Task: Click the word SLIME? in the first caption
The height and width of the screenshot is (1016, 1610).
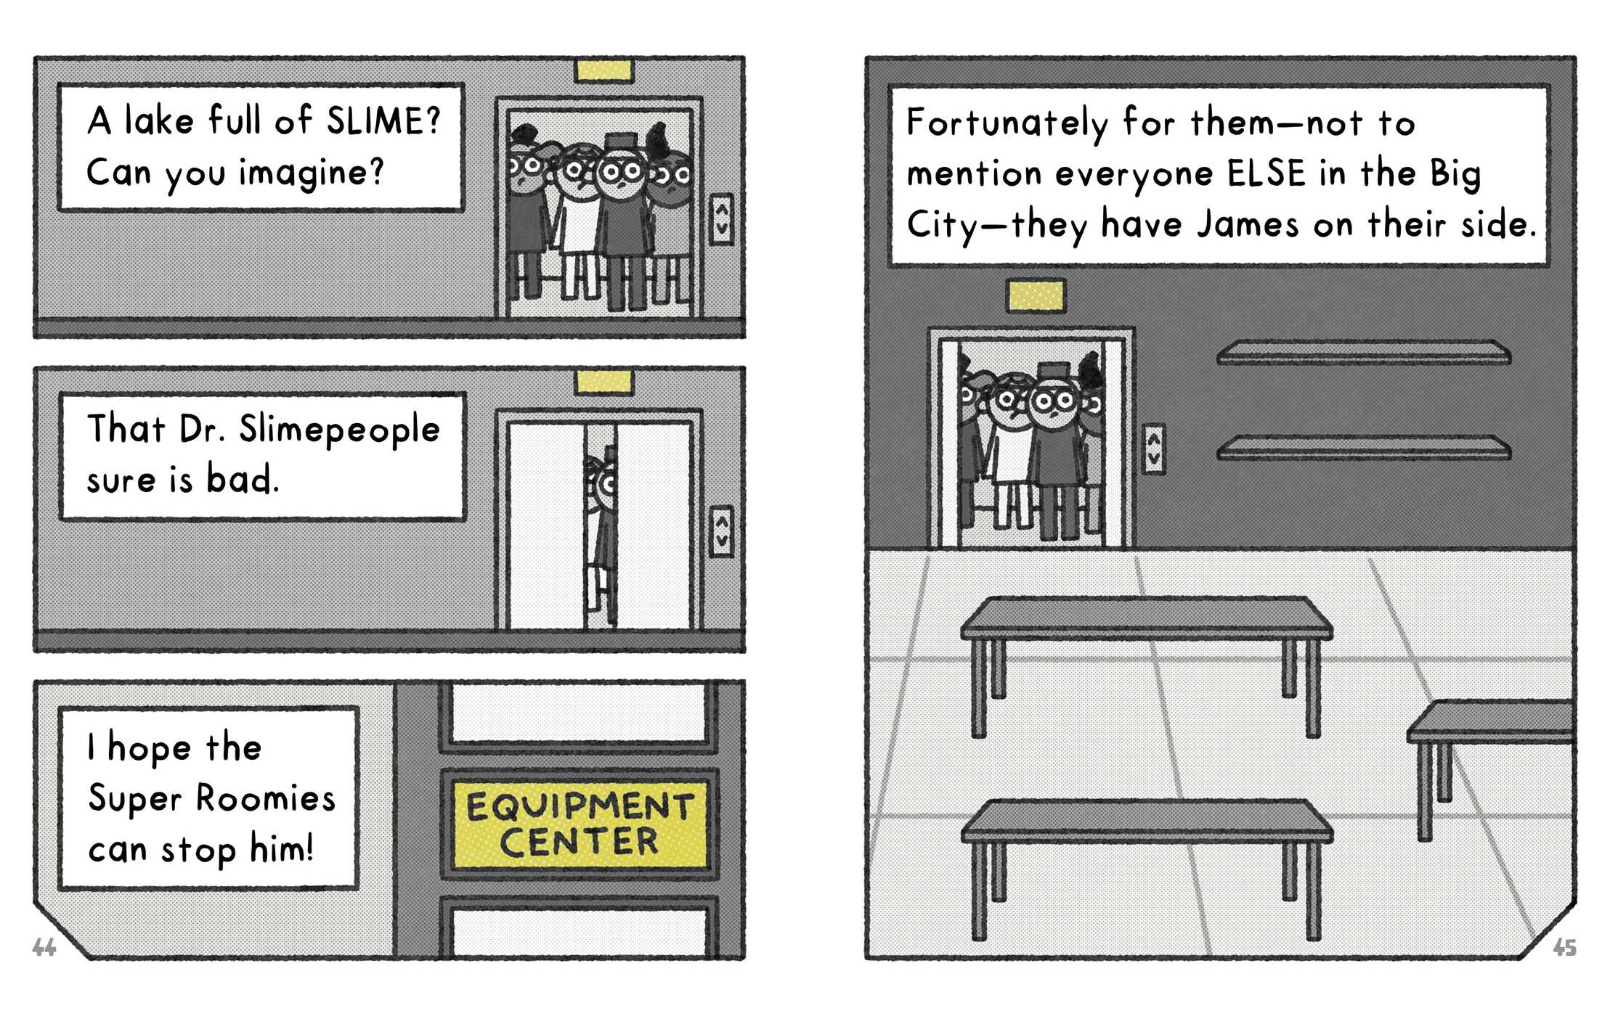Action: pyautogui.click(x=383, y=120)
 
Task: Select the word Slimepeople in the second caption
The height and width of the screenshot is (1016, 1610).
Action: pyautogui.click(x=339, y=430)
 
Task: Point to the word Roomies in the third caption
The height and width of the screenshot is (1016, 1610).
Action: pyautogui.click(x=266, y=798)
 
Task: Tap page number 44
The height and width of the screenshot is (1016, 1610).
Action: pyautogui.click(x=44, y=947)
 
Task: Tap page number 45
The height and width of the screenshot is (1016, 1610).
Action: pyautogui.click(x=1564, y=947)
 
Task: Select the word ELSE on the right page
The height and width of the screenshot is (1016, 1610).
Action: pyautogui.click(x=1267, y=173)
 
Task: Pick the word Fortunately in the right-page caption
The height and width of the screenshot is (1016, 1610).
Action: pyautogui.click(x=1007, y=123)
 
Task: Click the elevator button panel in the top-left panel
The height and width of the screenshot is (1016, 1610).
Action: pyautogui.click(x=721, y=219)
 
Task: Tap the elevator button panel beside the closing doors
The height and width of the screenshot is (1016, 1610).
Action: pyautogui.click(x=721, y=531)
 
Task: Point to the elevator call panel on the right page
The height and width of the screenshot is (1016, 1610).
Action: pyautogui.click(x=1153, y=449)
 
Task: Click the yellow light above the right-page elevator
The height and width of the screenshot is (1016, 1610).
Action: pyautogui.click(x=1036, y=296)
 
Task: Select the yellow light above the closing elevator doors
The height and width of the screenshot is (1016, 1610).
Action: pyautogui.click(x=603, y=382)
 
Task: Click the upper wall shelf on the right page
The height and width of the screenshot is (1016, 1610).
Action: pyautogui.click(x=1364, y=353)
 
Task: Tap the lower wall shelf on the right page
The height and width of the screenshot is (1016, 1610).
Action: pyautogui.click(x=1364, y=448)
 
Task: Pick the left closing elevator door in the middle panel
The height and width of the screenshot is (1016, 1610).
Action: pyautogui.click(x=548, y=526)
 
